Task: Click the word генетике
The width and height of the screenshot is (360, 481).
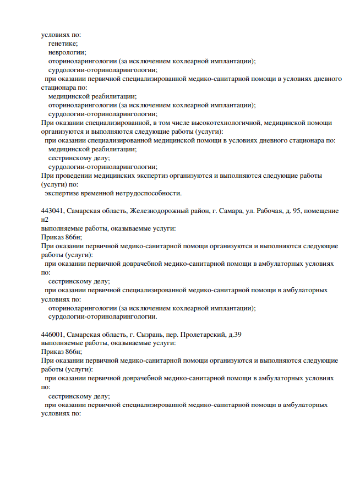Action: click(x=62, y=43)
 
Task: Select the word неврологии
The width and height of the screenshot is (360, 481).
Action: click(x=63, y=52)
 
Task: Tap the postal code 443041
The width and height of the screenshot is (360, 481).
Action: click(x=53, y=211)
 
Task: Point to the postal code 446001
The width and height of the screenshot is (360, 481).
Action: click(x=53, y=334)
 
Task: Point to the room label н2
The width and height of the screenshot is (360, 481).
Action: click(x=45, y=220)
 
